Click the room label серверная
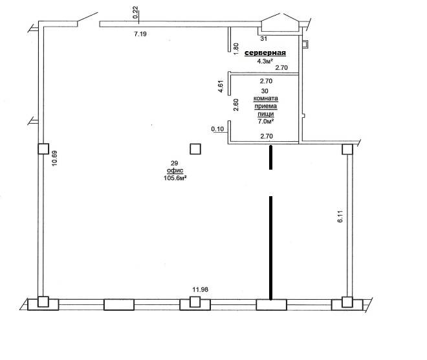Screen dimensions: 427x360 click(x=265, y=53)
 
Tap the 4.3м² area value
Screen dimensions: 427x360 click(x=265, y=62)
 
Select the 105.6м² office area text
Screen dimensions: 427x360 click(x=175, y=178)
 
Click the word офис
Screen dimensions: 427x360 click(x=175, y=170)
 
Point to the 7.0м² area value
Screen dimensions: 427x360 click(x=265, y=121)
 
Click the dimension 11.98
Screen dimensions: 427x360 click(x=200, y=289)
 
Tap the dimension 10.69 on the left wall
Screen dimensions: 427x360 click(x=54, y=159)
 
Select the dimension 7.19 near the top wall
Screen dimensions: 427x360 click(x=140, y=34)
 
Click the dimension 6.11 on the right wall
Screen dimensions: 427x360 click(x=340, y=217)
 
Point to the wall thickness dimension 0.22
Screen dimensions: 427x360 click(x=136, y=12)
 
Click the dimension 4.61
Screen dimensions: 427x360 click(x=221, y=86)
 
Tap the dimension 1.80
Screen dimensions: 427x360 click(x=236, y=49)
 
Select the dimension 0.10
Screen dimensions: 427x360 click(x=217, y=129)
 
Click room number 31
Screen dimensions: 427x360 click(x=263, y=39)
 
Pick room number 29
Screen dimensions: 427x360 click(x=174, y=163)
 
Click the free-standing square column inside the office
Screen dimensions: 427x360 click(x=195, y=149)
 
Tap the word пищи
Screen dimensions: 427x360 click(x=266, y=114)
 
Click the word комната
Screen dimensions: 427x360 click(x=266, y=98)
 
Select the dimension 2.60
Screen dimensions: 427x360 click(x=236, y=105)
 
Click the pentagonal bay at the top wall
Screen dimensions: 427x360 click(x=280, y=23)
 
